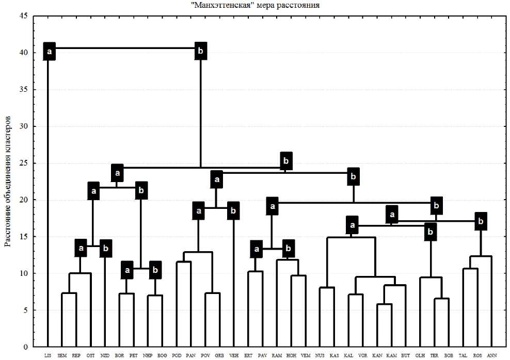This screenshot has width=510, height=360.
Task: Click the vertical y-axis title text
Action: click(x=8, y=181)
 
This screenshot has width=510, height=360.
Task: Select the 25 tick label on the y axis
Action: click(x=24, y=163)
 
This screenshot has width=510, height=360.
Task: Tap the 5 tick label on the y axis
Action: click(x=25, y=310)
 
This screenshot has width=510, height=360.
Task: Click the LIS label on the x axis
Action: click(x=47, y=355)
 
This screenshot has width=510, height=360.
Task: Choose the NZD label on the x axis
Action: click(x=105, y=355)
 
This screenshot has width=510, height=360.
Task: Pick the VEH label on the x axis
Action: click(x=234, y=355)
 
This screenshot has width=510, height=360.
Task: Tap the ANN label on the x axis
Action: click(x=492, y=355)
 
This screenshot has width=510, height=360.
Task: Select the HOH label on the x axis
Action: click(x=291, y=355)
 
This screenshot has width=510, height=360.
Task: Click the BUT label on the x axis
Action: click(x=406, y=355)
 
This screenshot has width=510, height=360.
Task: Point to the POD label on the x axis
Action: click(x=177, y=355)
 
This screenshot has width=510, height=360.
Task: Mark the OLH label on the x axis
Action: click(x=420, y=355)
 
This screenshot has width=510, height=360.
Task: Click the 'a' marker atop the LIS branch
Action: click(x=50, y=51)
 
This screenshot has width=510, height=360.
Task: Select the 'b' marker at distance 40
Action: click(x=201, y=51)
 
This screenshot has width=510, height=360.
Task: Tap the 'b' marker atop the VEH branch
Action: click(x=233, y=210)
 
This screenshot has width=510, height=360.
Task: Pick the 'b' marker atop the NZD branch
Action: click(x=106, y=248)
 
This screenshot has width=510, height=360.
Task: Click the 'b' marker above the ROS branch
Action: click(x=481, y=221)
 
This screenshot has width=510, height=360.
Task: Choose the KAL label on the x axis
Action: click(x=348, y=355)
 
